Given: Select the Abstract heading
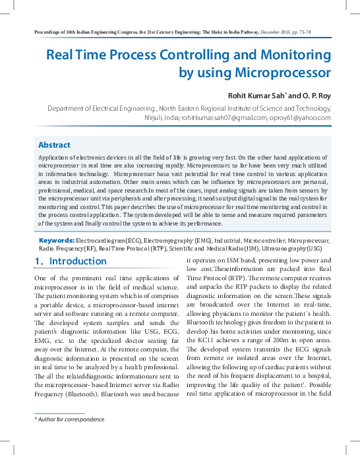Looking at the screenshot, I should point(54,145).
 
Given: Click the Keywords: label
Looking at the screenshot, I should point(57,241).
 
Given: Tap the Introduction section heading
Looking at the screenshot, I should point(78,262).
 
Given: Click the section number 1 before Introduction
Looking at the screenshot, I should point(38,262).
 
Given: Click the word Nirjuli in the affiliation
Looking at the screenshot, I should point(156,117).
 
